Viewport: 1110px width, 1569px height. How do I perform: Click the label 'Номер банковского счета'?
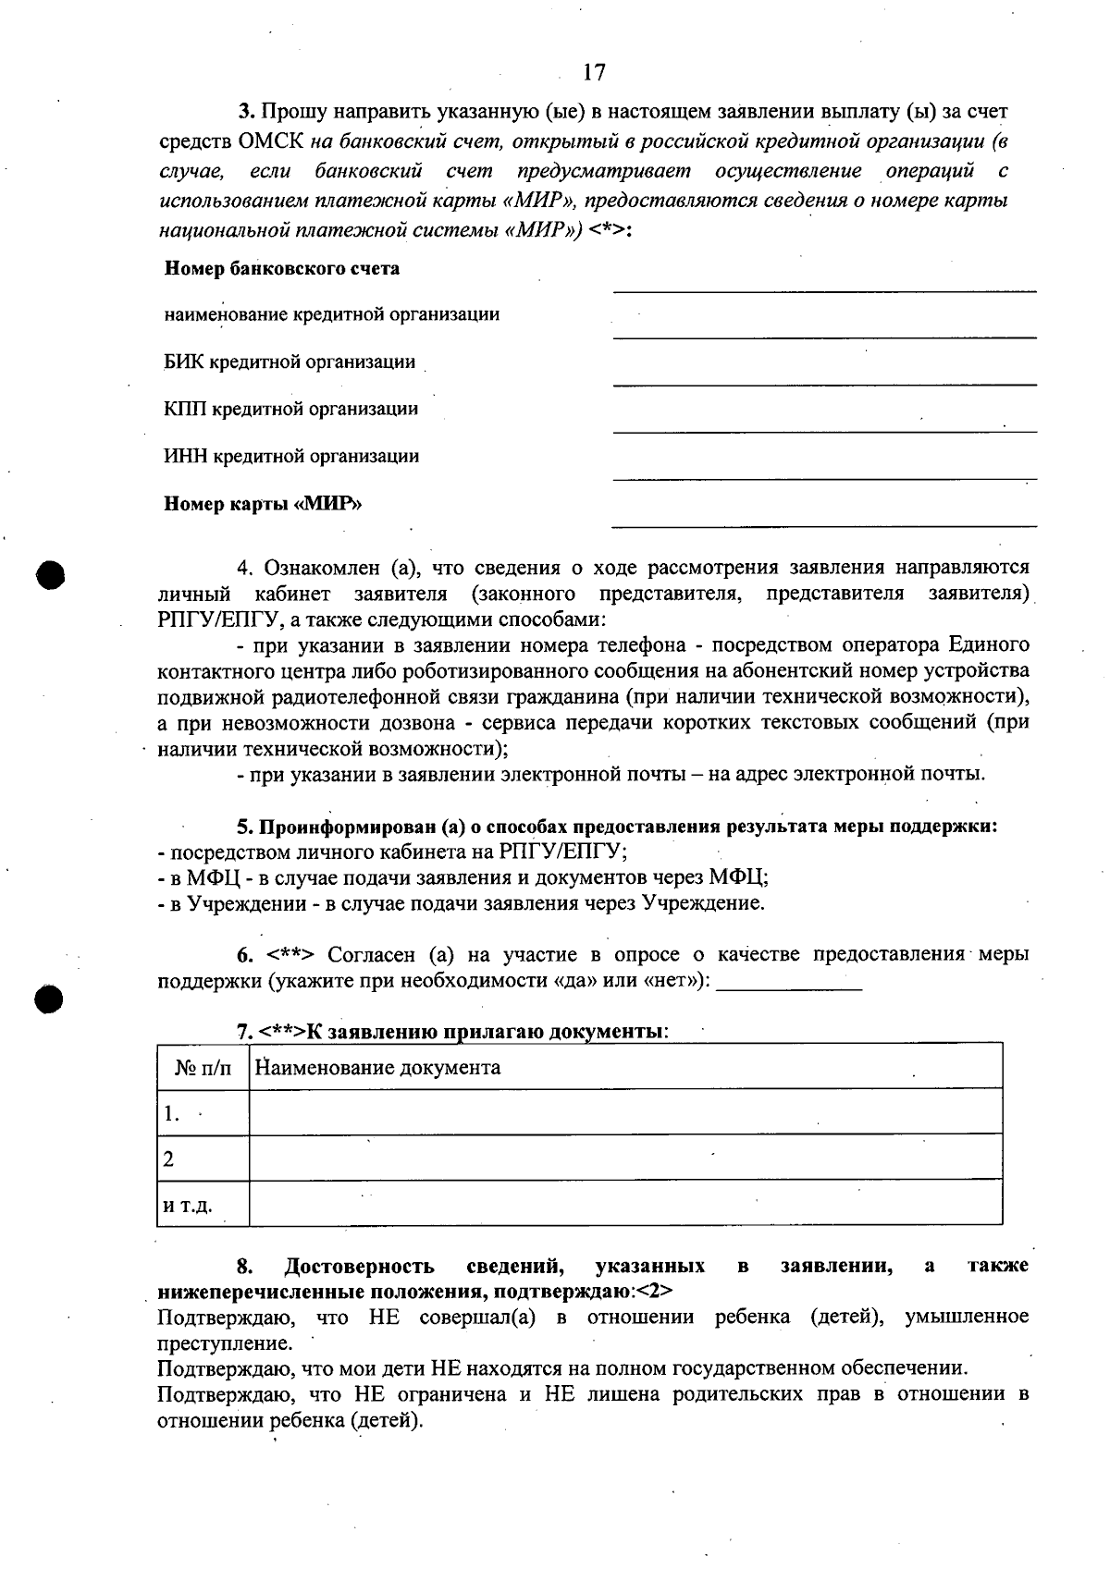click(x=282, y=269)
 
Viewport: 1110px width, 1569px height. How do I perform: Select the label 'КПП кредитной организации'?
click(x=290, y=409)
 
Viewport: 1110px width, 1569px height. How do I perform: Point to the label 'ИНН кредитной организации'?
click(x=290, y=456)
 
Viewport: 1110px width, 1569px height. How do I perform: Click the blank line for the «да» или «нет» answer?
click(x=789, y=988)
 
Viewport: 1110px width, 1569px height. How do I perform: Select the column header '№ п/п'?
click(x=203, y=1068)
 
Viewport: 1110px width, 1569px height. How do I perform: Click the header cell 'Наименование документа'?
click(x=377, y=1068)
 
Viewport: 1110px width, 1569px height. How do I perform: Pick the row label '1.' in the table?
click(x=172, y=1114)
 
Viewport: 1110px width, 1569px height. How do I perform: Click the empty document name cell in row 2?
click(x=625, y=1158)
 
